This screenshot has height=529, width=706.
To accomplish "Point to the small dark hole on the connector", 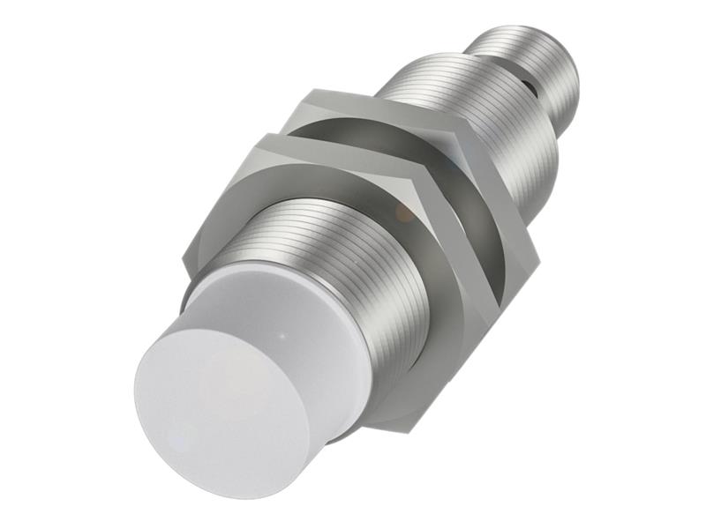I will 530,87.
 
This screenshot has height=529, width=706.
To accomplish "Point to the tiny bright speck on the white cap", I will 282,335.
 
